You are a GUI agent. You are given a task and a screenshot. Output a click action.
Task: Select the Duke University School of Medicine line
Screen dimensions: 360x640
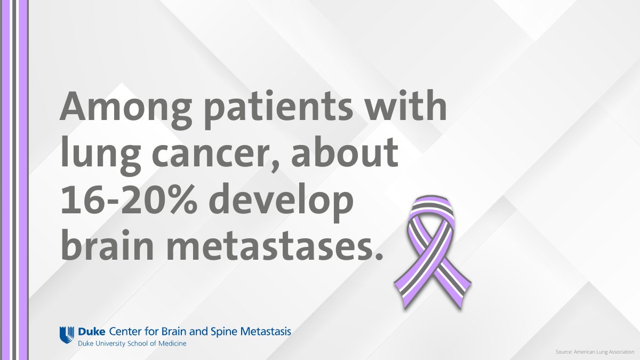click(132, 343)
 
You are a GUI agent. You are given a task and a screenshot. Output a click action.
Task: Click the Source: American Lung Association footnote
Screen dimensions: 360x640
click(594, 352)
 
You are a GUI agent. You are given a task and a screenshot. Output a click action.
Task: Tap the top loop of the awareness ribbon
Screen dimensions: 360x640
click(431, 209)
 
